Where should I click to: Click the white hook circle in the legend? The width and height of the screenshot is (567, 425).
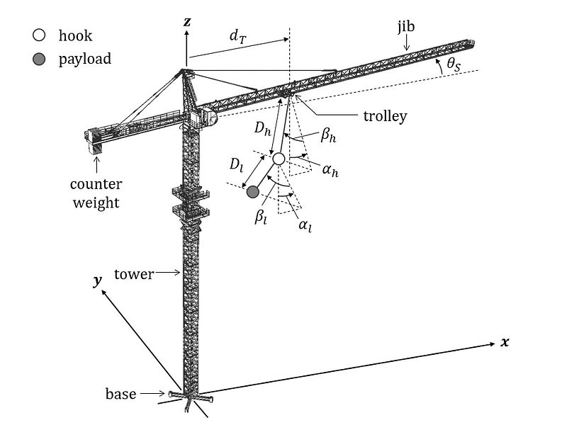click(40, 35)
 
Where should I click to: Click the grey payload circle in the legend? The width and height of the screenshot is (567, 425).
click(40, 59)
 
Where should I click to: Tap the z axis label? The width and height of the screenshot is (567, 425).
click(187, 22)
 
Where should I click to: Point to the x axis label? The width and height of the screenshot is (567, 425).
click(505, 342)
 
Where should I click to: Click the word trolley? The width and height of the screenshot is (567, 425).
click(383, 116)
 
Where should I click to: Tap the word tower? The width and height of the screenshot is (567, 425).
click(135, 274)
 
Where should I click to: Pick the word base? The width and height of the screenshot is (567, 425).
click(120, 394)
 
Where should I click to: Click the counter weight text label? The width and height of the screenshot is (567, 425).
click(96, 193)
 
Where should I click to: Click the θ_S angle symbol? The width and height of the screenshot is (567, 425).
click(453, 65)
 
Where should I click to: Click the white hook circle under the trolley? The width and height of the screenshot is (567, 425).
click(279, 159)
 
